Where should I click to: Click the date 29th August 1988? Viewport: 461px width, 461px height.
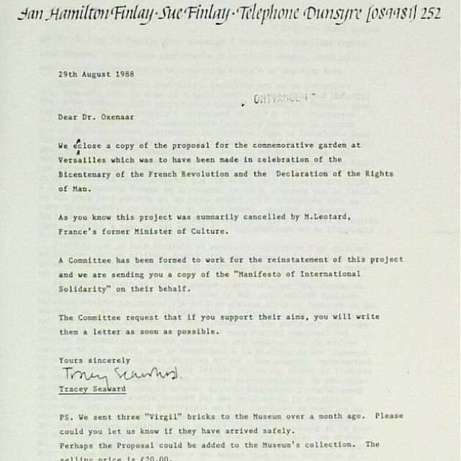coord(96,74)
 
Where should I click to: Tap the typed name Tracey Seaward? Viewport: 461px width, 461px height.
coord(92,389)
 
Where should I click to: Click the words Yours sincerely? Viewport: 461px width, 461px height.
coord(94,360)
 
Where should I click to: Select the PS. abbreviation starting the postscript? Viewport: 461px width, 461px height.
coord(66,416)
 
